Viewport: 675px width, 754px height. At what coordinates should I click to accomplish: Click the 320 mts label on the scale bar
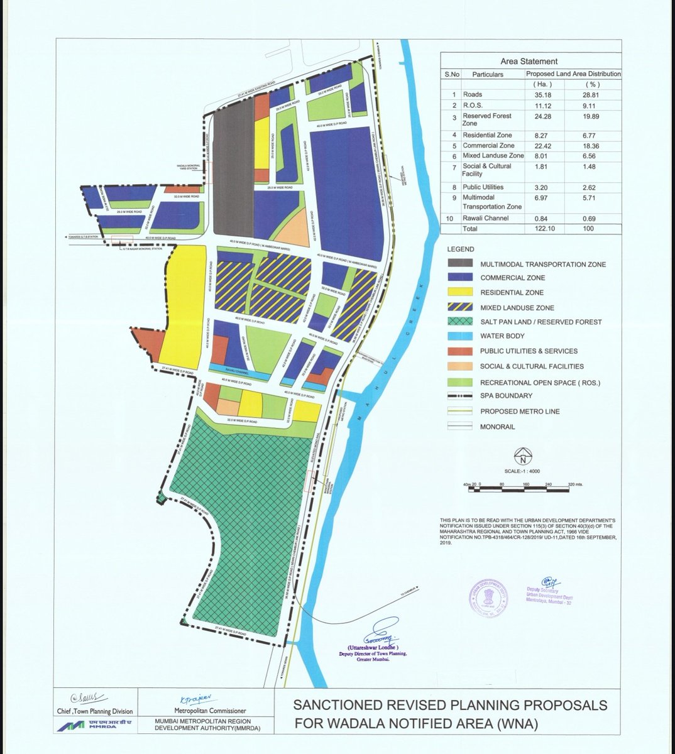(x=574, y=485)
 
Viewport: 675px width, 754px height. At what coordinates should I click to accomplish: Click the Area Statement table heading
(x=529, y=62)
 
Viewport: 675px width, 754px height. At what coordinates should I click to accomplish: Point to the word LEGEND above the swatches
(x=461, y=249)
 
